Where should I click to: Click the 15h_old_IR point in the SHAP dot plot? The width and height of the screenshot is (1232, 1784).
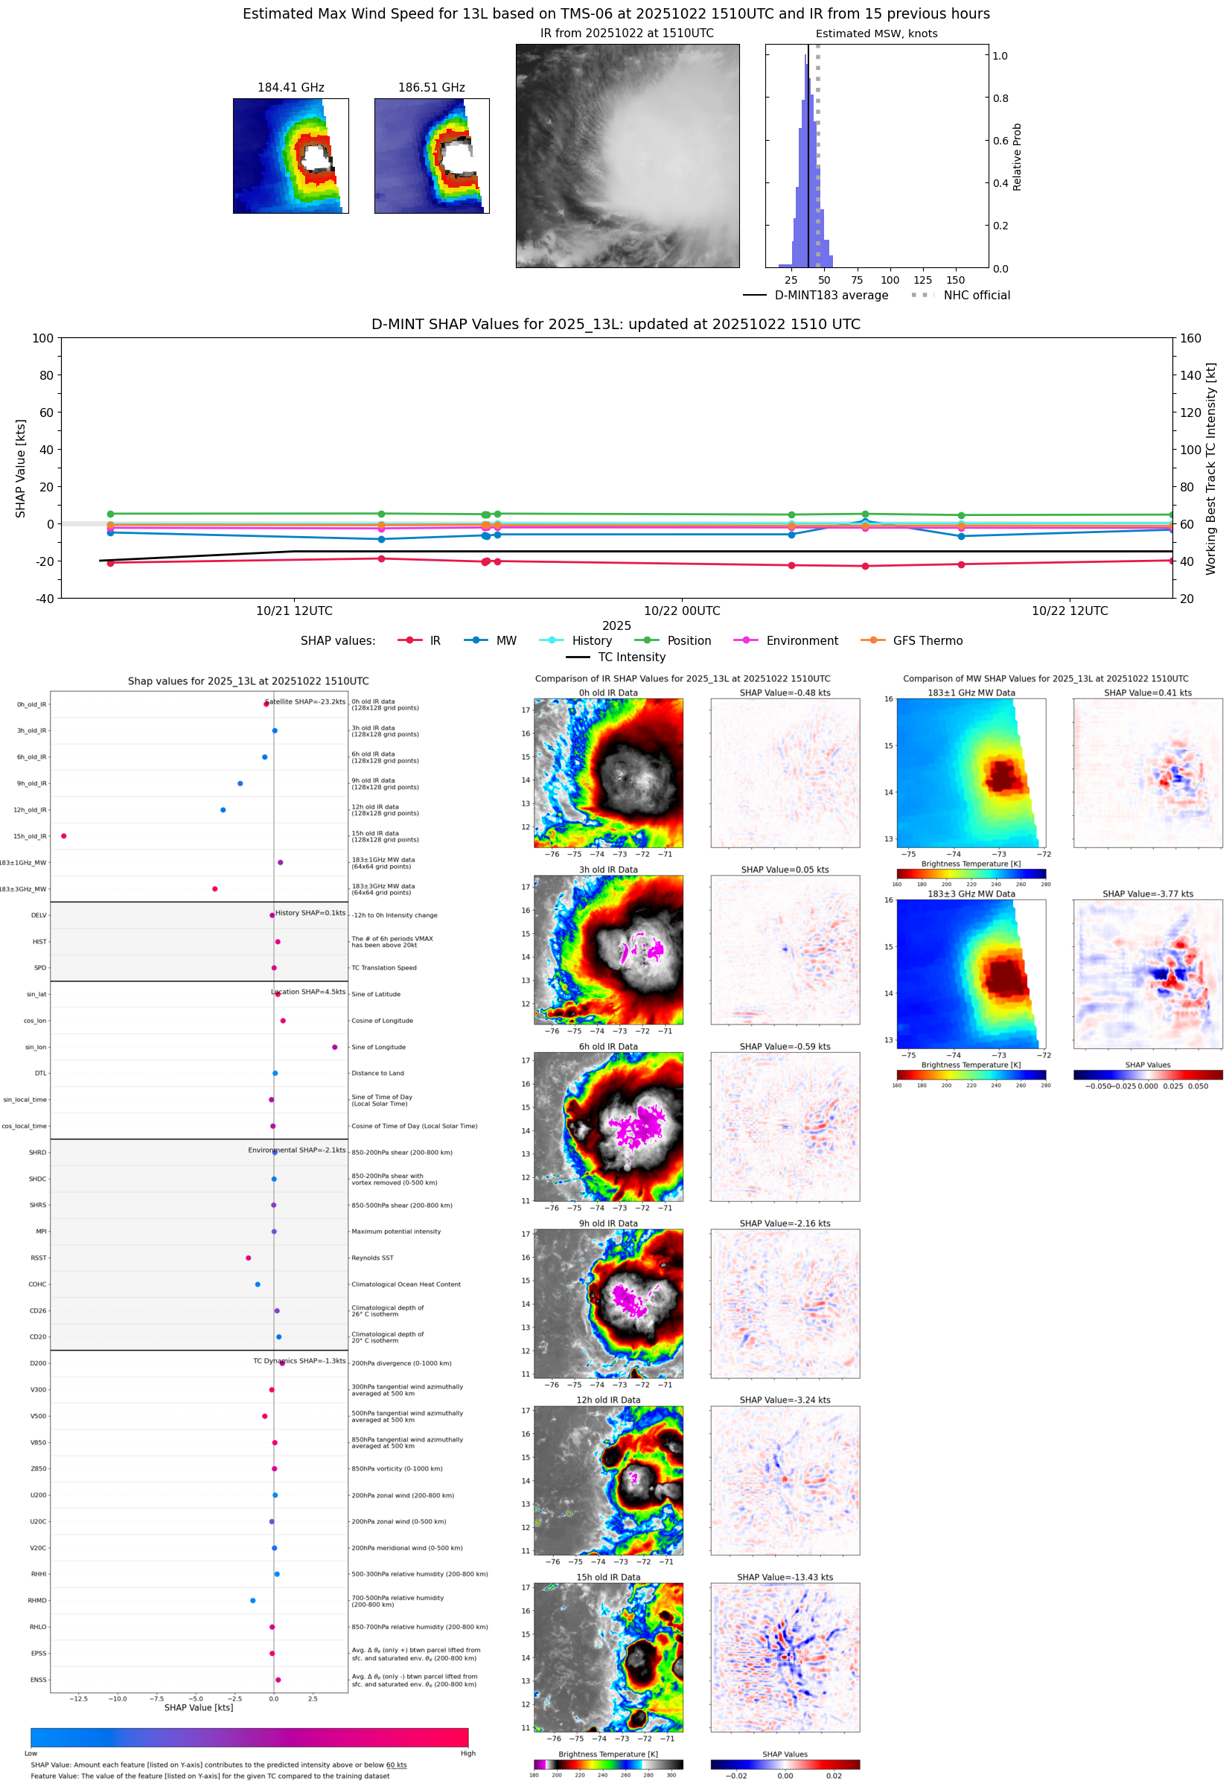coord(64,836)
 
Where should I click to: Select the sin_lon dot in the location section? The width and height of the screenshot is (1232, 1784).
coord(334,1047)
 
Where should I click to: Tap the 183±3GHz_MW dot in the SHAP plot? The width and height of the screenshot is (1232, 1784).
coord(214,888)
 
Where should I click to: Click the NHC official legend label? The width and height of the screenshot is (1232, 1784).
coord(976,295)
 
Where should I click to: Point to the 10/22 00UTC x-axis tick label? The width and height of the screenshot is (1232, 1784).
coord(682,611)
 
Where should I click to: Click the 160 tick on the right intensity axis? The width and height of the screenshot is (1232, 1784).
coord(1190,338)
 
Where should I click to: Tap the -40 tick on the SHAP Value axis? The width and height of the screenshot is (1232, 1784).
coord(45,599)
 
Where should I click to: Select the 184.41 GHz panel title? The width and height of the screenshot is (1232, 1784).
coord(290,87)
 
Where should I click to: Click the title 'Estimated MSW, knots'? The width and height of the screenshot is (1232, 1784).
coord(876,34)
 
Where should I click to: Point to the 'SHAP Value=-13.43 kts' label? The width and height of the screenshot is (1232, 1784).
coord(785,1577)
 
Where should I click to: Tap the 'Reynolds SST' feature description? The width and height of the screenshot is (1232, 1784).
coord(372,1258)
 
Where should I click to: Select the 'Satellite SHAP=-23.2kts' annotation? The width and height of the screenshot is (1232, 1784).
coord(305,701)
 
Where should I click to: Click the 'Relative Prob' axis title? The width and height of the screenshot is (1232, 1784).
coord(1017,156)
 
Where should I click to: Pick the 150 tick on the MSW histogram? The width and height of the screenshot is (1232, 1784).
coord(955,280)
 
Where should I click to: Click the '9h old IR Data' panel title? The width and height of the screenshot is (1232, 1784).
coord(607,1223)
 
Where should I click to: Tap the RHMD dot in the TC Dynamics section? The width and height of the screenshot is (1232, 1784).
coord(252,1600)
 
